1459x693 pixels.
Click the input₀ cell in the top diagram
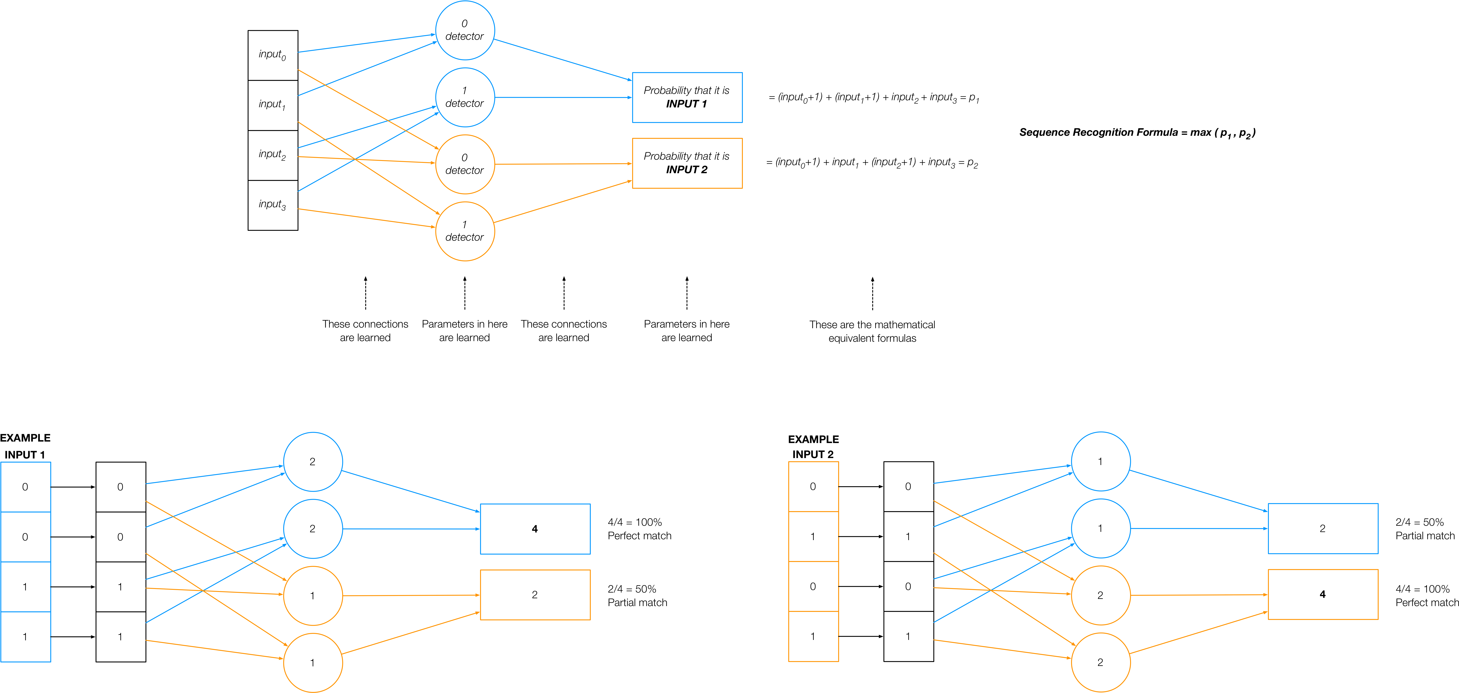pos(272,55)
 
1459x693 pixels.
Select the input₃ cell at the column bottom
pos(272,205)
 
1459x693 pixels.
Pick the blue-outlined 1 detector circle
pos(464,97)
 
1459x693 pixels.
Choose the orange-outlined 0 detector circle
pos(464,164)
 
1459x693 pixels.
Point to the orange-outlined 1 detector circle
pos(464,231)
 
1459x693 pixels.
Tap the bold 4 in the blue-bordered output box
pos(535,529)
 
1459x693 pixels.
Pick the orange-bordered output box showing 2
pos(535,594)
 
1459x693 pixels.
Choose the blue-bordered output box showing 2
pos(1323,528)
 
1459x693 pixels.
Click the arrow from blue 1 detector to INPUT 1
pos(563,97)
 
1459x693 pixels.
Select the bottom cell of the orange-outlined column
pos(813,636)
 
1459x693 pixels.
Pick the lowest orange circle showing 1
pos(313,662)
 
